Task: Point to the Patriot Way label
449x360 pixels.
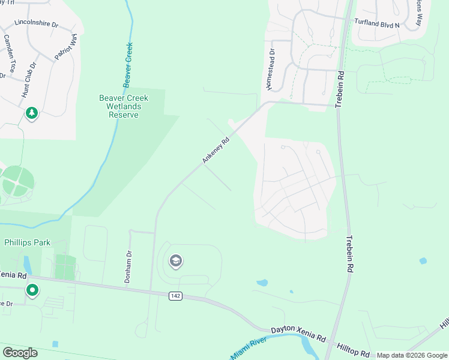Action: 66,47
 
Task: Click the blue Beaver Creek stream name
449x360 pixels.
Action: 127,64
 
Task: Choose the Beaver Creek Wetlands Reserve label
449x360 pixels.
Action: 123,106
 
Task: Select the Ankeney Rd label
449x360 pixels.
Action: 216,151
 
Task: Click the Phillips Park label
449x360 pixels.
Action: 28,242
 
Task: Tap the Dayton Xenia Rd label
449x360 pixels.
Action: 298,330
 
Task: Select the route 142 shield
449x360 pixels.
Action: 175,296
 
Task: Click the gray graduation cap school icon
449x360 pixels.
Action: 175,260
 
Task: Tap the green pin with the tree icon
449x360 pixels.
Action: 31,113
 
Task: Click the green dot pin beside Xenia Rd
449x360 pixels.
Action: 32,291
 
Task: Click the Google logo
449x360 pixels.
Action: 20,353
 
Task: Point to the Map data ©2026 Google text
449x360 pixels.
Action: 411,355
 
